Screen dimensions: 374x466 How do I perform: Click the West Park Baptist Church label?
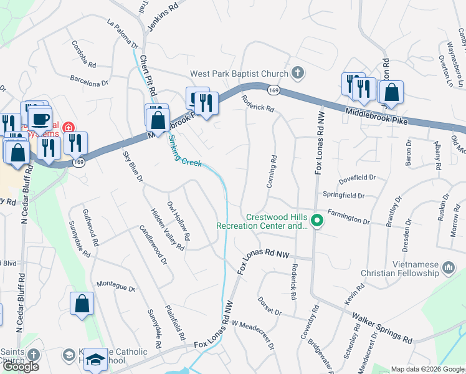tap(239, 74)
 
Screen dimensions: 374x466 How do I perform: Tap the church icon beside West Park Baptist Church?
tap(298, 73)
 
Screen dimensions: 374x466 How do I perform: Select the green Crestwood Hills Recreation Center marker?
tap(317, 221)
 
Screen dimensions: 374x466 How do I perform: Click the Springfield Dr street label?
tap(343, 196)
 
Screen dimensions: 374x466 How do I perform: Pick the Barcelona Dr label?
tap(89, 80)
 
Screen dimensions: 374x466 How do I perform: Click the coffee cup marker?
tap(41, 118)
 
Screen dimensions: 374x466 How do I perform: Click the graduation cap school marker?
tap(95, 359)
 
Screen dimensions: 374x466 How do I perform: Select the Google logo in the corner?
tap(21, 367)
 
